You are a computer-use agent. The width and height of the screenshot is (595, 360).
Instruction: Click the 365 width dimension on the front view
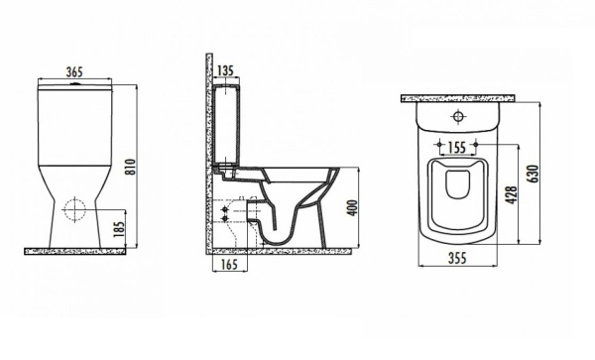pyautogui.click(x=74, y=71)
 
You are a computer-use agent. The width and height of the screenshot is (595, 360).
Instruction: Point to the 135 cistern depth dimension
pyautogui.click(x=225, y=71)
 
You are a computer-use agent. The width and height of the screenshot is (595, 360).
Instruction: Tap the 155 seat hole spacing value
pyautogui.click(x=457, y=147)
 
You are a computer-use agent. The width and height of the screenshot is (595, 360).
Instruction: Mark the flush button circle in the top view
pyautogui.click(x=458, y=117)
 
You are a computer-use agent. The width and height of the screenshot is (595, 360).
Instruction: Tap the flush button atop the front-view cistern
pyautogui.click(x=74, y=86)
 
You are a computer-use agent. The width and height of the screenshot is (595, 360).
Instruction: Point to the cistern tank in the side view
pyautogui.click(x=225, y=127)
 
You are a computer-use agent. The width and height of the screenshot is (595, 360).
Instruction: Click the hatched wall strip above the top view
pyautogui.click(x=458, y=98)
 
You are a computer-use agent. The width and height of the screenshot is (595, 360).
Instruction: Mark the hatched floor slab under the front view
pyautogui.click(x=75, y=251)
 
